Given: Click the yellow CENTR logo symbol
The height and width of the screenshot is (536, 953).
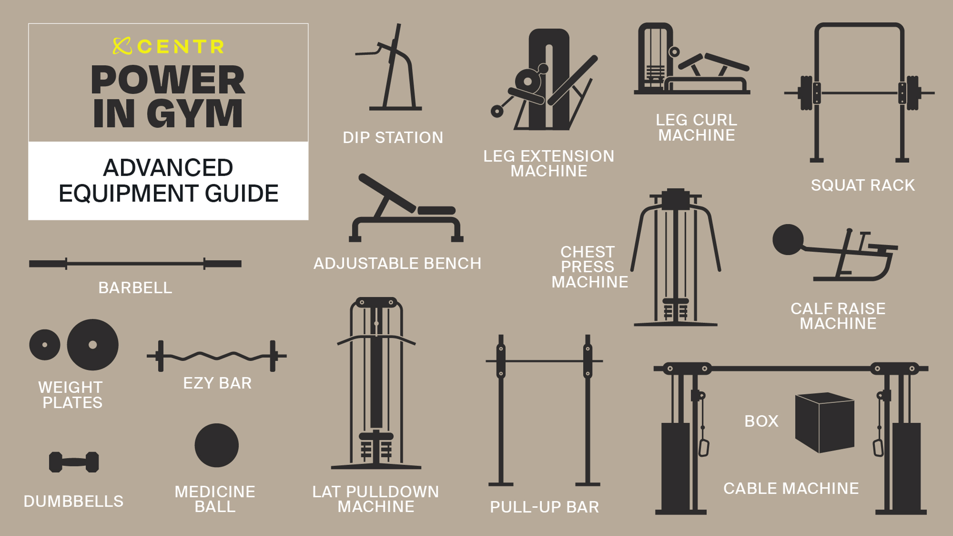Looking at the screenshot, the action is (122, 46).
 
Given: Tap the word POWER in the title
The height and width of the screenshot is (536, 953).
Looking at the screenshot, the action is (168, 80).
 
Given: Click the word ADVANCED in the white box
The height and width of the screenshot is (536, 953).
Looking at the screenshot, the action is (168, 168).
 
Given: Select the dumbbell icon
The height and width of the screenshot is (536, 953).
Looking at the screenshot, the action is (74, 462).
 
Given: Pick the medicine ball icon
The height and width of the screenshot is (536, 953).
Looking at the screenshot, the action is (216, 445).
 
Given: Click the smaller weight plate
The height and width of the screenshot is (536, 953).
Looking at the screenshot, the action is (45, 345).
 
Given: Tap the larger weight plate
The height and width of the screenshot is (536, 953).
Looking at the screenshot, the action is (92, 345).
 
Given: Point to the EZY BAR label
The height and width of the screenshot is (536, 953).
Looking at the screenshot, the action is (218, 383).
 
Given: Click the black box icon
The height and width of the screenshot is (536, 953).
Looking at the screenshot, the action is (825, 423).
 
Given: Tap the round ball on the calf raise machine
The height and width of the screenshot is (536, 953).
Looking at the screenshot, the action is (788, 239).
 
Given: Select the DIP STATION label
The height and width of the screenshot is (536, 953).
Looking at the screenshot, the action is (393, 138).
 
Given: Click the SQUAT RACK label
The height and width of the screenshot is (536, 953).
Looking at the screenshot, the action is (863, 185).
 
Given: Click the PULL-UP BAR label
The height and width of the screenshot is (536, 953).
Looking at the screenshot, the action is (545, 507).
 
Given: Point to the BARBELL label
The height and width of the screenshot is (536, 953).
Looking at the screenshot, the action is (135, 288).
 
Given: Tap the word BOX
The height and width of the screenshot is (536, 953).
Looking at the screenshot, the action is (761, 421).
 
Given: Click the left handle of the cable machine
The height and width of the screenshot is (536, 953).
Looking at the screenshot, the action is (703, 447).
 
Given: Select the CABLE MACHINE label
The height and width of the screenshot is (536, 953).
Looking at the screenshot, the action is (791, 489).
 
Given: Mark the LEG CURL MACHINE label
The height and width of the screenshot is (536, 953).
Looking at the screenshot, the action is (697, 127).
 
